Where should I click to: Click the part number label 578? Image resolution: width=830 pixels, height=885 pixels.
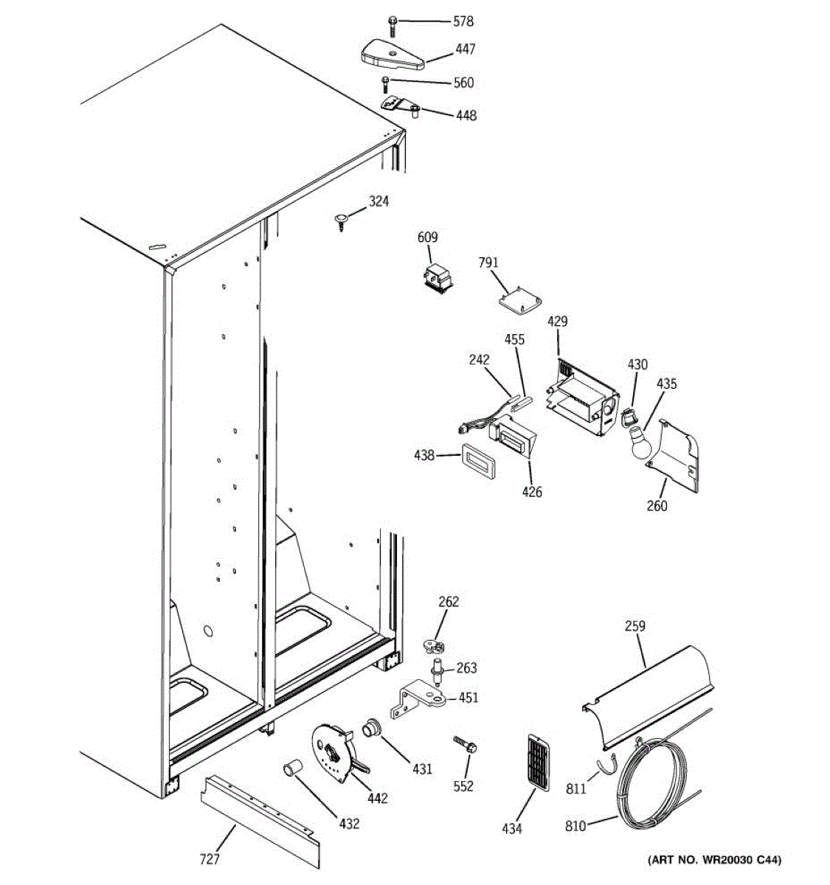click(x=463, y=22)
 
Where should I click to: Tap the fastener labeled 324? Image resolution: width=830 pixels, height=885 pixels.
click(x=342, y=221)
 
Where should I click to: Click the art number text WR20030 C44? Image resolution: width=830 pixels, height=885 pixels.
click(x=714, y=860)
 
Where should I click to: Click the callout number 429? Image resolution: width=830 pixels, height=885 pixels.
click(x=558, y=322)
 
